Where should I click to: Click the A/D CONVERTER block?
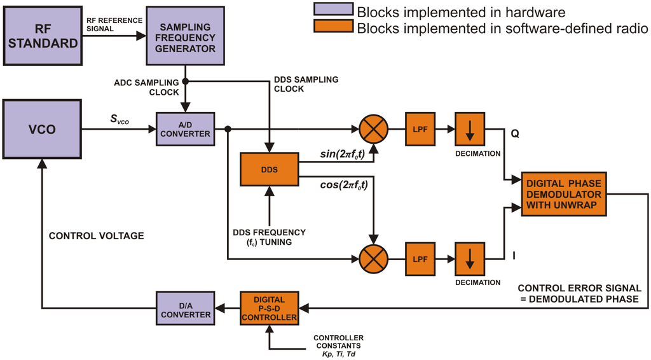(184, 129)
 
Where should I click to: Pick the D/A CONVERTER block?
(185, 310)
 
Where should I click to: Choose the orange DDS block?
(269, 169)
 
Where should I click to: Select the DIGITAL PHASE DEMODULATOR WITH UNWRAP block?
(563, 194)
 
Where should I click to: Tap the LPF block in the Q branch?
(420, 129)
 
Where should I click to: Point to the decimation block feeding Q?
(470, 129)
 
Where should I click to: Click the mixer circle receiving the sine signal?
(373, 129)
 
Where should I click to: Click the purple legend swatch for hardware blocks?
(332, 10)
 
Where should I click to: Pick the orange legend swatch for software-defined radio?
(332, 27)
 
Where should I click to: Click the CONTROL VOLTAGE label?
(97, 236)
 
